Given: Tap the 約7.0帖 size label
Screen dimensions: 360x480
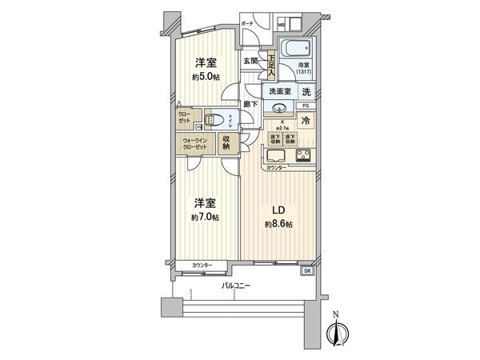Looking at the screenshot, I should [206, 217].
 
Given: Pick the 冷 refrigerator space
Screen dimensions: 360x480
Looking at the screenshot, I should [306, 122].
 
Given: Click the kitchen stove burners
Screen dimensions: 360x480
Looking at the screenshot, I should [305, 157].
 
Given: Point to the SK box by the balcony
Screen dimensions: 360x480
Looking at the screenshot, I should [308, 271].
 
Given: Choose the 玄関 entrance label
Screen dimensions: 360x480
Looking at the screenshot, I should [250, 60].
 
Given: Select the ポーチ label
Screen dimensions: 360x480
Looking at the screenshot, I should [248, 24].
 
